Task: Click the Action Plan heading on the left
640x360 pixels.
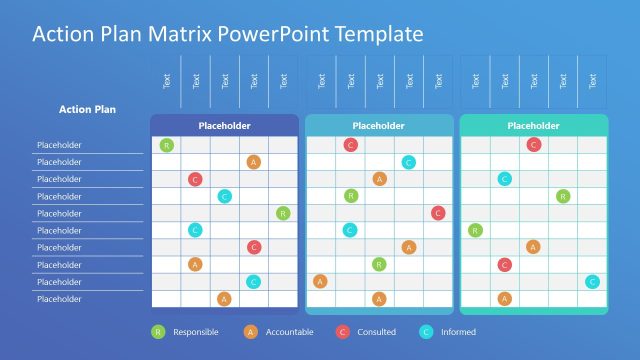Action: [89, 109]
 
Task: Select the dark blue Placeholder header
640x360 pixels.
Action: [224, 126]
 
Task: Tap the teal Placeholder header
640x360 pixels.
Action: [533, 126]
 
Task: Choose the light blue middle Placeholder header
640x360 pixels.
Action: [379, 126]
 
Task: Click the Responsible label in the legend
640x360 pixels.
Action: [195, 332]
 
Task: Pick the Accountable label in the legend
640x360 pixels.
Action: [289, 332]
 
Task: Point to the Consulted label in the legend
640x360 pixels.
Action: [376, 332]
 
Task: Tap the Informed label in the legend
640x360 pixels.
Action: [459, 332]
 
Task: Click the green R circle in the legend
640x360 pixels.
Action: [157, 332]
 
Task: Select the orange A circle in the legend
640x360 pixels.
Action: [250, 332]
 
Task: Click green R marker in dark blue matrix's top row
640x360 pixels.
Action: [166, 145]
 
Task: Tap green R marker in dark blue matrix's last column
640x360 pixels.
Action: [283, 213]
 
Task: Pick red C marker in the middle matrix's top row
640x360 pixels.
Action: [350, 145]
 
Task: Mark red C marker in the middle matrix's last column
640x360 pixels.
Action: [438, 213]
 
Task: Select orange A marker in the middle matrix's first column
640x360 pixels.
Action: [320, 281]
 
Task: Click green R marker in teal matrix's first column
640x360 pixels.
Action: [475, 230]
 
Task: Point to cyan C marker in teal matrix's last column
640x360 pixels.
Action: [592, 281]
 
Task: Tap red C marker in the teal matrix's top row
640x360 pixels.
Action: [534, 145]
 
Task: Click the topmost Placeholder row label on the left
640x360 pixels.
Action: [60, 145]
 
